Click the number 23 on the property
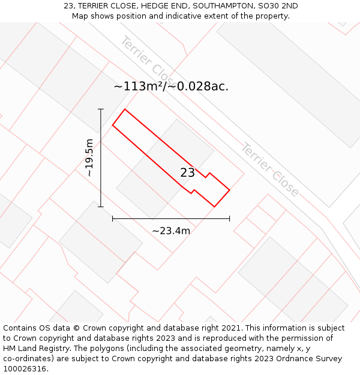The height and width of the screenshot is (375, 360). coord(187,173)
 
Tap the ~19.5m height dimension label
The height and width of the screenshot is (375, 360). coord(89,158)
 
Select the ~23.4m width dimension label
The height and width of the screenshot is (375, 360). coord(171,231)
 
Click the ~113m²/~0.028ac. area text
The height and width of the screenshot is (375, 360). coord(171,86)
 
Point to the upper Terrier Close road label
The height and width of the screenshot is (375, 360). coord(146,59)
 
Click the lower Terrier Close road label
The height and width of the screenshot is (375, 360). coord(269,170)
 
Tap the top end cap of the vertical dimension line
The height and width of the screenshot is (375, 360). coord(101,109)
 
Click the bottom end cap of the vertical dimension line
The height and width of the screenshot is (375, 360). coord(101,207)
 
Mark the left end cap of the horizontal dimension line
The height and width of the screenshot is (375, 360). coord(113,219)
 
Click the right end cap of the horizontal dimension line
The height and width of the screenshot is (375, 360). coord(229,219)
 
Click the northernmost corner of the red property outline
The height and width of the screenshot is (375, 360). coord(125,109)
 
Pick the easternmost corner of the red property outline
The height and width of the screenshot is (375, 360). coord(230,190)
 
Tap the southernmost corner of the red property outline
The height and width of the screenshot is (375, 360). coord(214,207)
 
